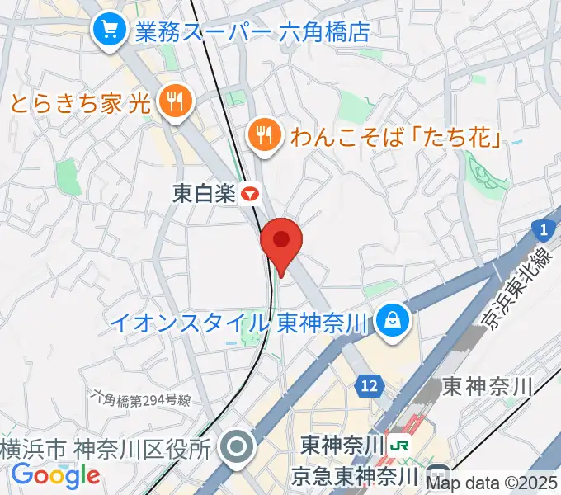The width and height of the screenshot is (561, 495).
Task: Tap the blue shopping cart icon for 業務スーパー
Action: pyautogui.click(x=108, y=31)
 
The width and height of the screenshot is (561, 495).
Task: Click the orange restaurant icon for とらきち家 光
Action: pyautogui.click(x=175, y=103)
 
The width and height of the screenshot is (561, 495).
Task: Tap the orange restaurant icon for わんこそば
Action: pyautogui.click(x=264, y=134)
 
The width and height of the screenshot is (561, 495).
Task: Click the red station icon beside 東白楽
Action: pyautogui.click(x=251, y=194)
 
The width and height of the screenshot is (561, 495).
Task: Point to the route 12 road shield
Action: pyautogui.click(x=369, y=384)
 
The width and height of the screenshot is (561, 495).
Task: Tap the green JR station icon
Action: pyautogui.click(x=402, y=445)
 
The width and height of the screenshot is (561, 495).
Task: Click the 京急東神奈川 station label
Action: pyautogui.click(x=356, y=476)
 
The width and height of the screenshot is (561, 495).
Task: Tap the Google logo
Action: pyautogui.click(x=55, y=475)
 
